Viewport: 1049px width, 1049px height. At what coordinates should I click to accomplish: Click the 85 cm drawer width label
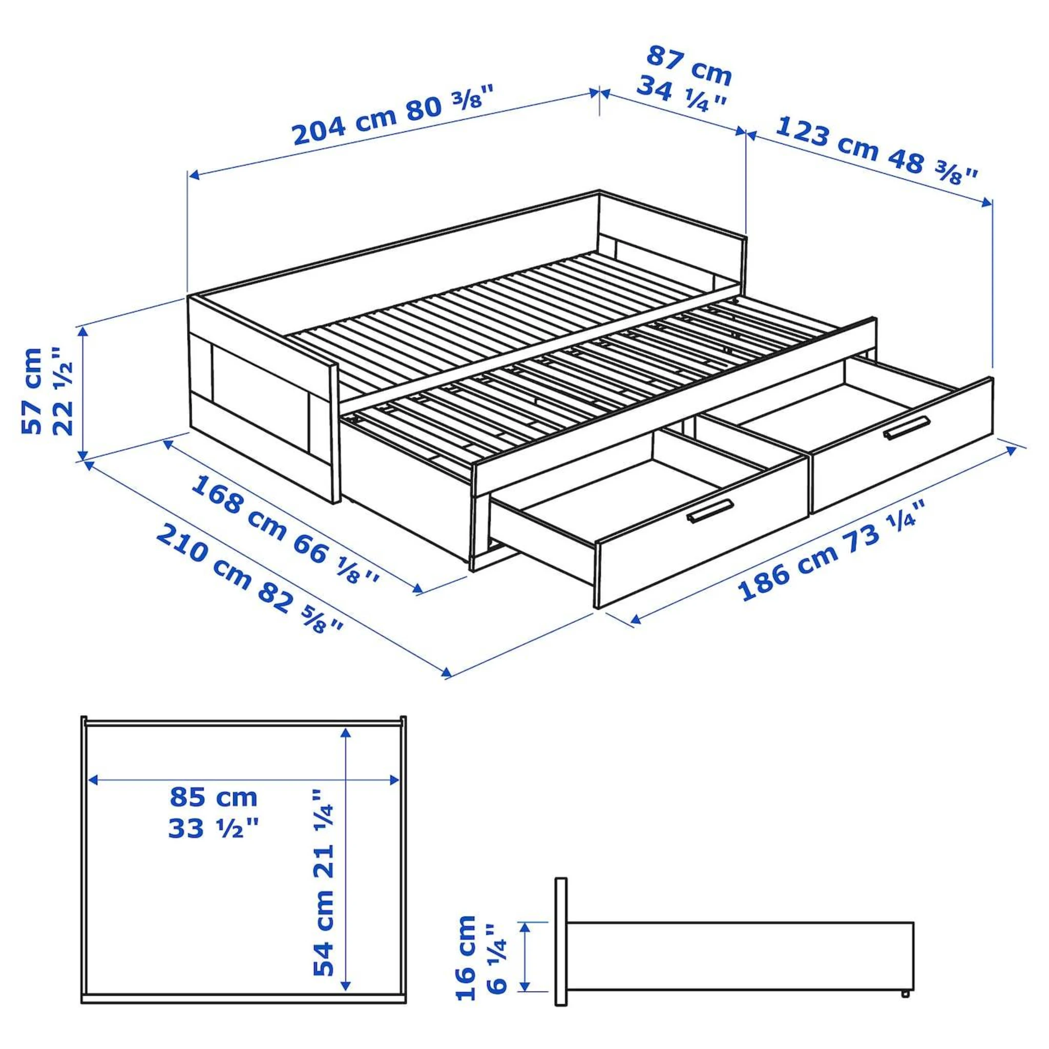pyautogui.click(x=214, y=798)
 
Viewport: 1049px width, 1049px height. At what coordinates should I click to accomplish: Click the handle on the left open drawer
pyautogui.click(x=709, y=511)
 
